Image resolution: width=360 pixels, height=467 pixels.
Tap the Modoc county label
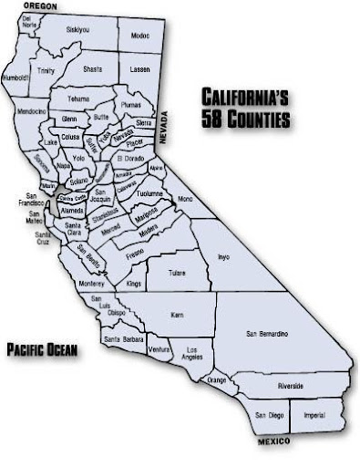tap(139, 36)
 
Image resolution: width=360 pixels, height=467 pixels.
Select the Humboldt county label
tap(16, 78)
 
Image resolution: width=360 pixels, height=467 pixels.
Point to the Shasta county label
tap(92, 69)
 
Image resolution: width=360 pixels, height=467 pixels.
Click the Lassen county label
tap(140, 69)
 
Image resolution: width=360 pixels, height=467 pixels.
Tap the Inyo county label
tap(223, 257)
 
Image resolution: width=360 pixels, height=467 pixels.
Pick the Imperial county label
tap(314, 416)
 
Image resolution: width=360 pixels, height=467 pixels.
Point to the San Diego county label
tap(269, 416)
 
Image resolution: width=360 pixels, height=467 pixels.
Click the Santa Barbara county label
tap(124, 339)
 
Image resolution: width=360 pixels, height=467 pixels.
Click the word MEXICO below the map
tap(273, 441)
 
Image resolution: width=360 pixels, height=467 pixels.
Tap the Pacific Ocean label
tap(42, 348)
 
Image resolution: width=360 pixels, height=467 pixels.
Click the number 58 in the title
tap(212, 119)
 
